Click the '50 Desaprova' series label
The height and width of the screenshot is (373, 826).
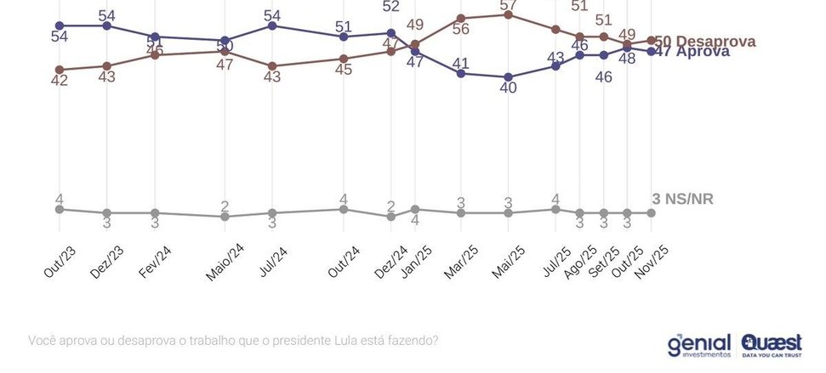click(704, 41)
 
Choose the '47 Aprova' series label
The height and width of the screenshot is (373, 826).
click(694, 51)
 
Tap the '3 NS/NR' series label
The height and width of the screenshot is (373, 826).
click(682, 199)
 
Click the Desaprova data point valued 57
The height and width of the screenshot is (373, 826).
click(509, 14)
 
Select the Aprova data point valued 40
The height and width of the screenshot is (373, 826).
click(509, 76)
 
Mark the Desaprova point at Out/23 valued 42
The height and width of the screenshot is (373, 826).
click(59, 69)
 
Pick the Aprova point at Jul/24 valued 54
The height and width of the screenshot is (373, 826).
click(272, 25)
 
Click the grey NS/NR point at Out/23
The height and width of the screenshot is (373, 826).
click(59, 208)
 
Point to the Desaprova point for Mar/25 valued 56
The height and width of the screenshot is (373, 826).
click(461, 18)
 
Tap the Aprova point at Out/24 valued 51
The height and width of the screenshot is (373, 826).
click(344, 37)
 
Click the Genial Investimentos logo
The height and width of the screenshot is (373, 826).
click(698, 344)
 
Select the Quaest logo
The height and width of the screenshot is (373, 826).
click(771, 343)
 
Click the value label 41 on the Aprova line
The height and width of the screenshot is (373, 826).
click(461, 63)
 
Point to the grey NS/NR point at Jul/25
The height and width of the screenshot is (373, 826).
click(555, 208)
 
